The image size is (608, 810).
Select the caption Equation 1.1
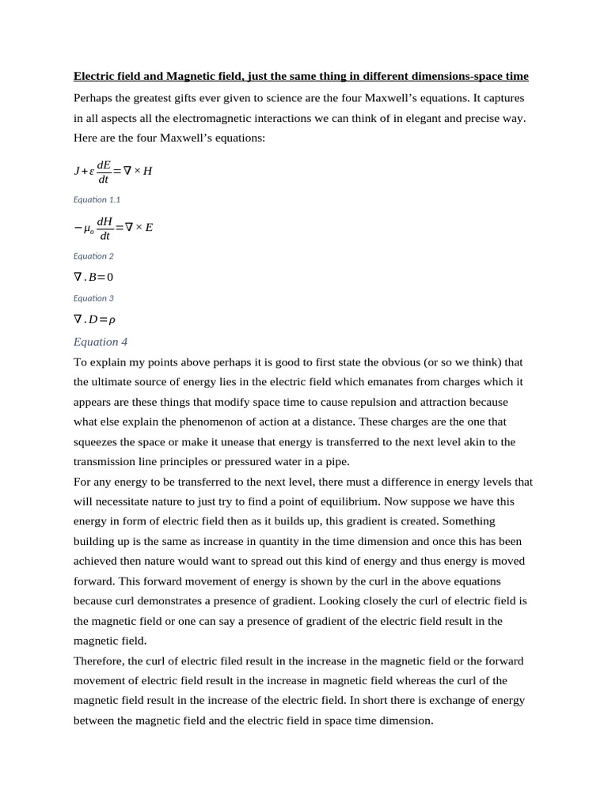tap(97, 199)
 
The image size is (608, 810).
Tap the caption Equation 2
tap(93, 256)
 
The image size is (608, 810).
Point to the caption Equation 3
tap(93, 298)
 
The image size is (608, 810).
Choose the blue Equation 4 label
tap(101, 342)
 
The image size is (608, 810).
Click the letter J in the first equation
tap(77, 171)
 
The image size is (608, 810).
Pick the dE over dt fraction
tap(104, 172)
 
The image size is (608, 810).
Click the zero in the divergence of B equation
tap(110, 278)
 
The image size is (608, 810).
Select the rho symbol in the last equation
tap(112, 320)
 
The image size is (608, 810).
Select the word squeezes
tap(97, 442)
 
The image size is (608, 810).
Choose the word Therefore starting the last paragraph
tap(98, 661)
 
